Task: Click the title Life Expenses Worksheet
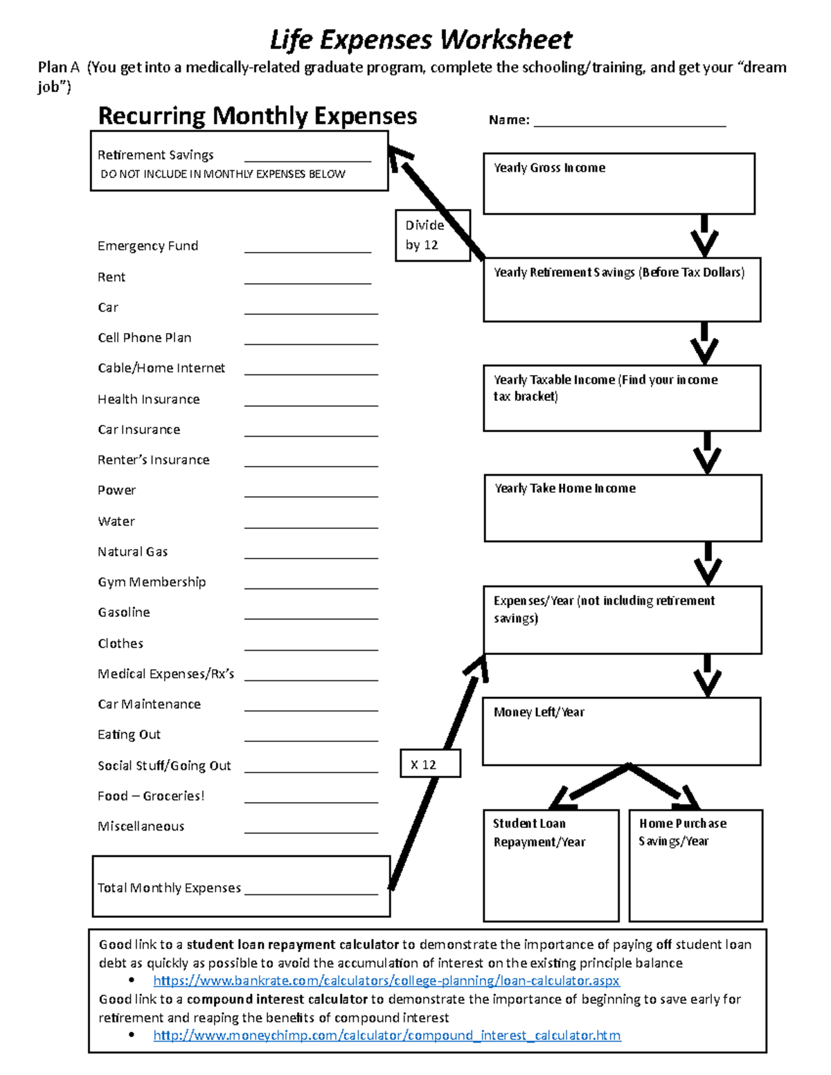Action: click(x=420, y=40)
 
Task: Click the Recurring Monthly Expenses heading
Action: click(x=257, y=116)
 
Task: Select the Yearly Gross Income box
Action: click(x=618, y=184)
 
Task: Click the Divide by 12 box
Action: click(x=432, y=235)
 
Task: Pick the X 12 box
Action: click(x=430, y=764)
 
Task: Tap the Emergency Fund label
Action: click(x=148, y=246)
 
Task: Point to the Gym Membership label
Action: click(x=152, y=582)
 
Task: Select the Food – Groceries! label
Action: click(x=151, y=796)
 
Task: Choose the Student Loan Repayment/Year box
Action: click(x=551, y=865)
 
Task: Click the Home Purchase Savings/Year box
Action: click(x=695, y=865)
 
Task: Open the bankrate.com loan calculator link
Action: click(x=386, y=981)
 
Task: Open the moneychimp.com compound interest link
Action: click(x=386, y=1036)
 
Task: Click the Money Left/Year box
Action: click(x=621, y=732)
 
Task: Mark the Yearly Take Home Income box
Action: click(x=623, y=508)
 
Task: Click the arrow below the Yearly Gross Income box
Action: click(x=704, y=236)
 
